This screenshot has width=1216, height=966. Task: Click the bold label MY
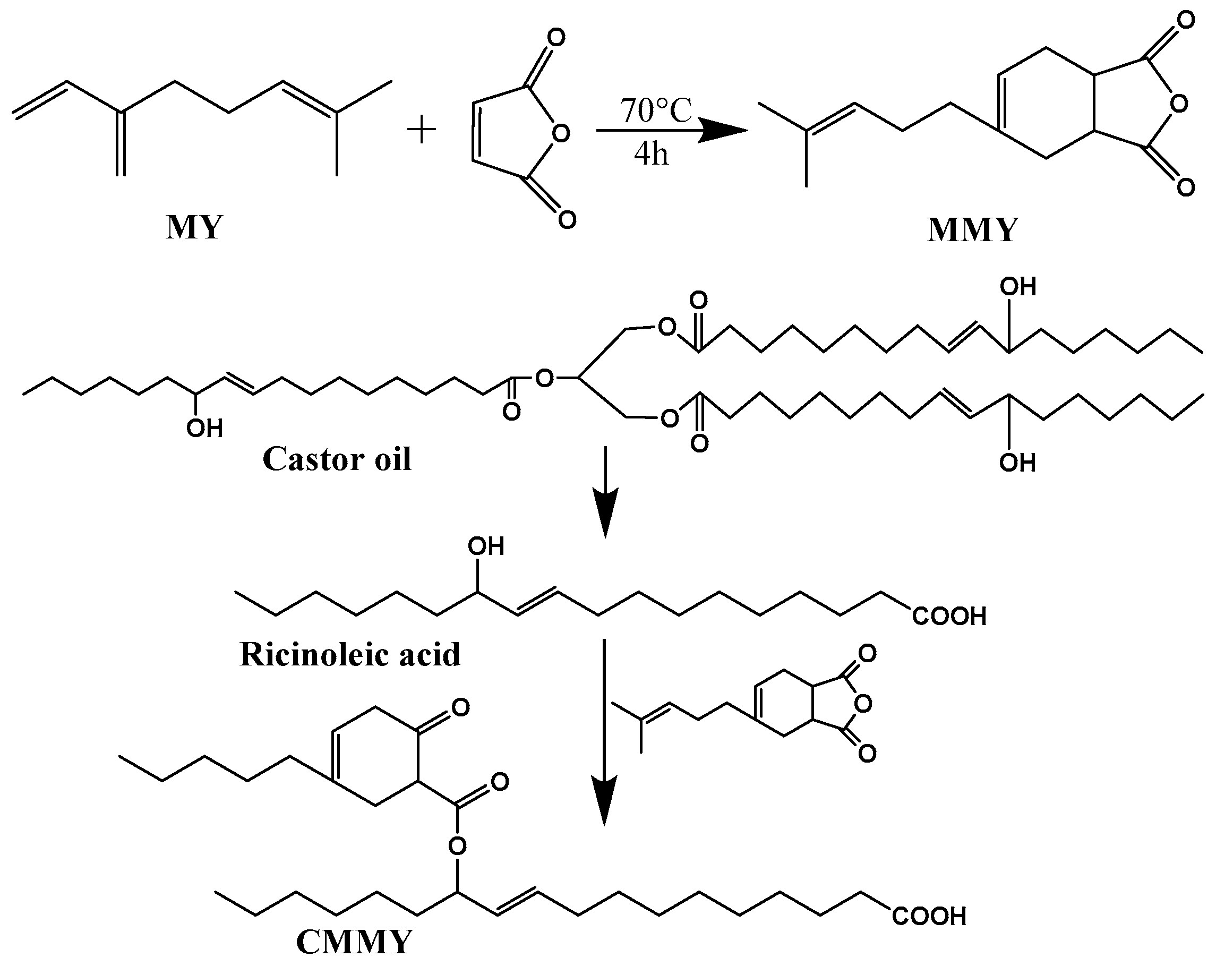(x=194, y=228)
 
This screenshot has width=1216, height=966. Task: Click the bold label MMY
(x=972, y=230)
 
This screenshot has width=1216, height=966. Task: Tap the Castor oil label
(x=337, y=459)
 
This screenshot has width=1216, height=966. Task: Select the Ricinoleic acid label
(x=350, y=655)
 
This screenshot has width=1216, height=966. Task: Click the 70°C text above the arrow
(x=655, y=111)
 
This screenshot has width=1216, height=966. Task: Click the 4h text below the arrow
(x=651, y=153)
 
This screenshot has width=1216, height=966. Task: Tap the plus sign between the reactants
(x=421, y=131)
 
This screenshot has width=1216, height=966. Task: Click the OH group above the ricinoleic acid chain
(x=486, y=546)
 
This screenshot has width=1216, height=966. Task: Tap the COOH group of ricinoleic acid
(x=949, y=617)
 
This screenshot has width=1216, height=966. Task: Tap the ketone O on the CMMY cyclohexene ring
(x=460, y=708)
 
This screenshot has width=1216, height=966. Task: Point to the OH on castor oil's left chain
(x=204, y=429)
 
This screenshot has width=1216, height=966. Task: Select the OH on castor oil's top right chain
(x=1017, y=287)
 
